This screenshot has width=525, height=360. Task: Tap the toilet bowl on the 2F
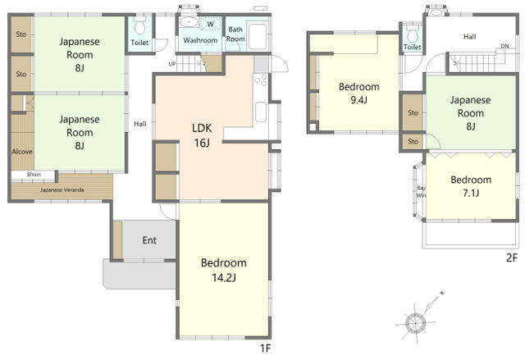point(413,34)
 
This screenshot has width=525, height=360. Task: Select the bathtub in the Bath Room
point(258,36)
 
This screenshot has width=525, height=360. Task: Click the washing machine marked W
point(211,24)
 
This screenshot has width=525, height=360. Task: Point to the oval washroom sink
point(189,22)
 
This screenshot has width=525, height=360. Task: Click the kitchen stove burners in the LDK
point(261,80)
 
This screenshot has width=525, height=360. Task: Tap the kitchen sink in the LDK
point(261,112)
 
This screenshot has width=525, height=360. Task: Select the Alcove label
point(22,152)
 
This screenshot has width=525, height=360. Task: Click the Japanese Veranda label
point(62,190)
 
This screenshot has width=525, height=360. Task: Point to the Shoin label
point(34,175)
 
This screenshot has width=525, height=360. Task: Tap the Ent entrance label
point(149,240)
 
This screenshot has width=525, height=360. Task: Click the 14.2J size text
point(224,278)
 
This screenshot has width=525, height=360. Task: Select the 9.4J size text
point(359,100)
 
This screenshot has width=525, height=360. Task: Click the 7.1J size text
point(471,193)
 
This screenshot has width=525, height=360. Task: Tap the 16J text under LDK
point(202,143)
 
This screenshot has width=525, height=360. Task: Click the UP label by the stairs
point(172,64)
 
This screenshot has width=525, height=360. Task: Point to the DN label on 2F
point(504,46)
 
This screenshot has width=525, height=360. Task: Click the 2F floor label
point(512,257)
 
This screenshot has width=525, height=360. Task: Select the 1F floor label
point(265,349)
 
